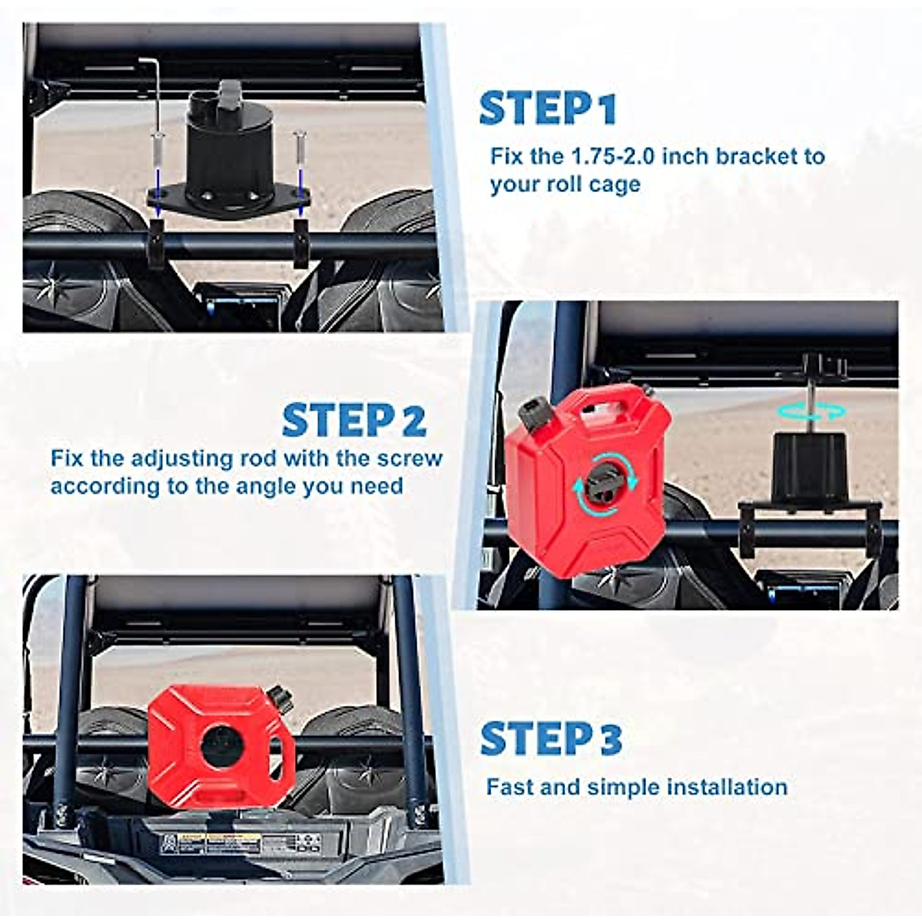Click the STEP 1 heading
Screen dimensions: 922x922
[x=547, y=108]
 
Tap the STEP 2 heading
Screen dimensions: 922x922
[x=353, y=420]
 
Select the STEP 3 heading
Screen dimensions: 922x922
[x=550, y=739]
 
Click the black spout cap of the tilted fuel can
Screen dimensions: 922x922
[x=532, y=413]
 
